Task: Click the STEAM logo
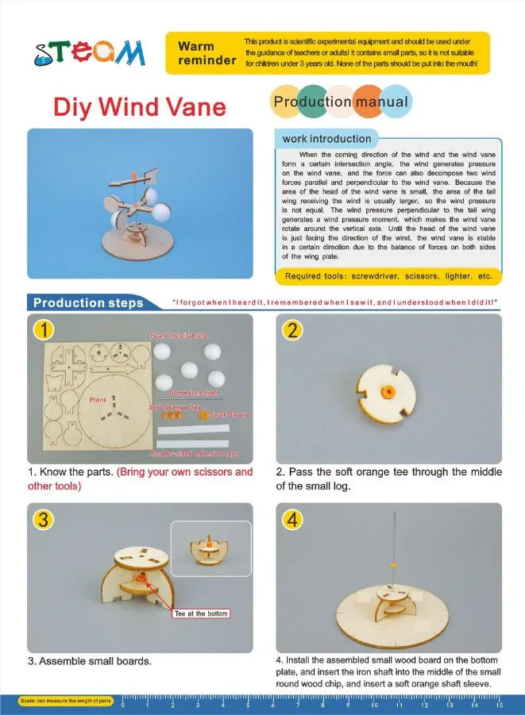pyautogui.click(x=90, y=52)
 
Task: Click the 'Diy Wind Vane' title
pyautogui.click(x=139, y=107)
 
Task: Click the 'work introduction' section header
pyautogui.click(x=326, y=139)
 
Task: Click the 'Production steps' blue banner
pyautogui.click(x=87, y=302)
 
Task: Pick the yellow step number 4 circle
pyautogui.click(x=293, y=519)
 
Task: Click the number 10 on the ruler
pyautogui.click(x=374, y=704)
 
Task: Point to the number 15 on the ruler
pyautogui.click(x=499, y=704)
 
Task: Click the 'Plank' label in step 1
pyautogui.click(x=98, y=399)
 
